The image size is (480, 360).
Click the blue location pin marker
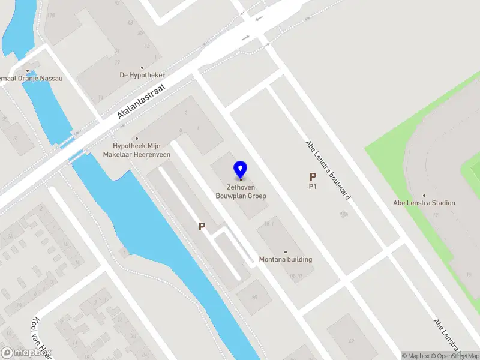coord(241,169)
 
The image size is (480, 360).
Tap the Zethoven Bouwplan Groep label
coord(241,191)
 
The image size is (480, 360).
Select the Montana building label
coord(285,259)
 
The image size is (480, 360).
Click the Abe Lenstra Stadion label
coord(424,203)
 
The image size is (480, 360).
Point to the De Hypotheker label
coord(142,75)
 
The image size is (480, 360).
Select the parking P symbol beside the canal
coord(202,227)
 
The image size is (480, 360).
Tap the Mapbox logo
coord(25,353)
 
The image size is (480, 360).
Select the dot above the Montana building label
coord(285,252)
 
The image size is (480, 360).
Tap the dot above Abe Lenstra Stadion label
coord(424,196)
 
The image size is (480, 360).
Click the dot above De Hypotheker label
coord(142,68)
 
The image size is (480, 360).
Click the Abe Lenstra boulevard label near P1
coord(328,170)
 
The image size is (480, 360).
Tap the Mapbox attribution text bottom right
coord(415,356)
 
